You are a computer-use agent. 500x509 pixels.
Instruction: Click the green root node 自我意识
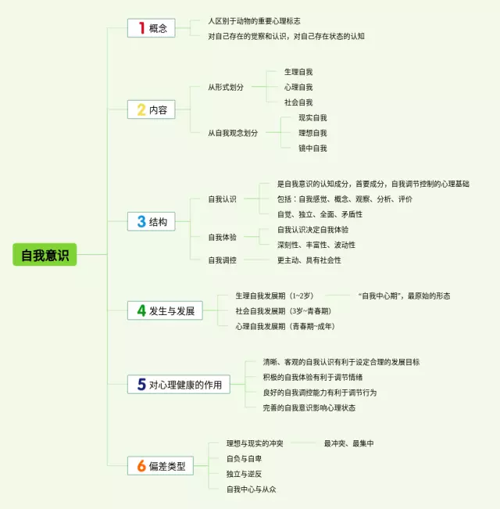point(45,255)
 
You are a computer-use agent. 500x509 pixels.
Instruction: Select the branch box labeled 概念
point(151,28)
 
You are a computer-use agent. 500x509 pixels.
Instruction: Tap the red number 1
point(141,28)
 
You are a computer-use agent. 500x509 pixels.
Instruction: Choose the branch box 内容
point(151,109)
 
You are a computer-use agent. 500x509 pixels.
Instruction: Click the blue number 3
point(141,221)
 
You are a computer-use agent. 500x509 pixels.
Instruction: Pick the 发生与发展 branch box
point(166,310)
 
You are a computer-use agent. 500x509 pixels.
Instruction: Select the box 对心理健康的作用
point(179,384)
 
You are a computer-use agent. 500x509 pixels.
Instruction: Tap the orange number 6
point(141,466)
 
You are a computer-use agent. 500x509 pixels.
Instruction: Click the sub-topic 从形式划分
point(226,87)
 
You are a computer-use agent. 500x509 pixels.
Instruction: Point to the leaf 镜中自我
point(312,148)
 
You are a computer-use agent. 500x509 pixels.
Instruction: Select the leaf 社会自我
point(298,102)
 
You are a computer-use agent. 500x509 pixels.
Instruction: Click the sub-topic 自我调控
point(222,260)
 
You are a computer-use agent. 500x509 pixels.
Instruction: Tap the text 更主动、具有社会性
point(309,260)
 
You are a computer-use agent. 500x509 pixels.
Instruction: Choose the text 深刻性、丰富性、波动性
point(316,245)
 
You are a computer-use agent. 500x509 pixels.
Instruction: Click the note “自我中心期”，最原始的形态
point(404,296)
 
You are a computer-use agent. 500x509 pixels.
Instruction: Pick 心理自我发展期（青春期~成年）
point(286,326)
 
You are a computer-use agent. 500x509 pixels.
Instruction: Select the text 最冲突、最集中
point(348,443)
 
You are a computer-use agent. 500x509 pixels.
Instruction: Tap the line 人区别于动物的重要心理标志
point(254,21)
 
